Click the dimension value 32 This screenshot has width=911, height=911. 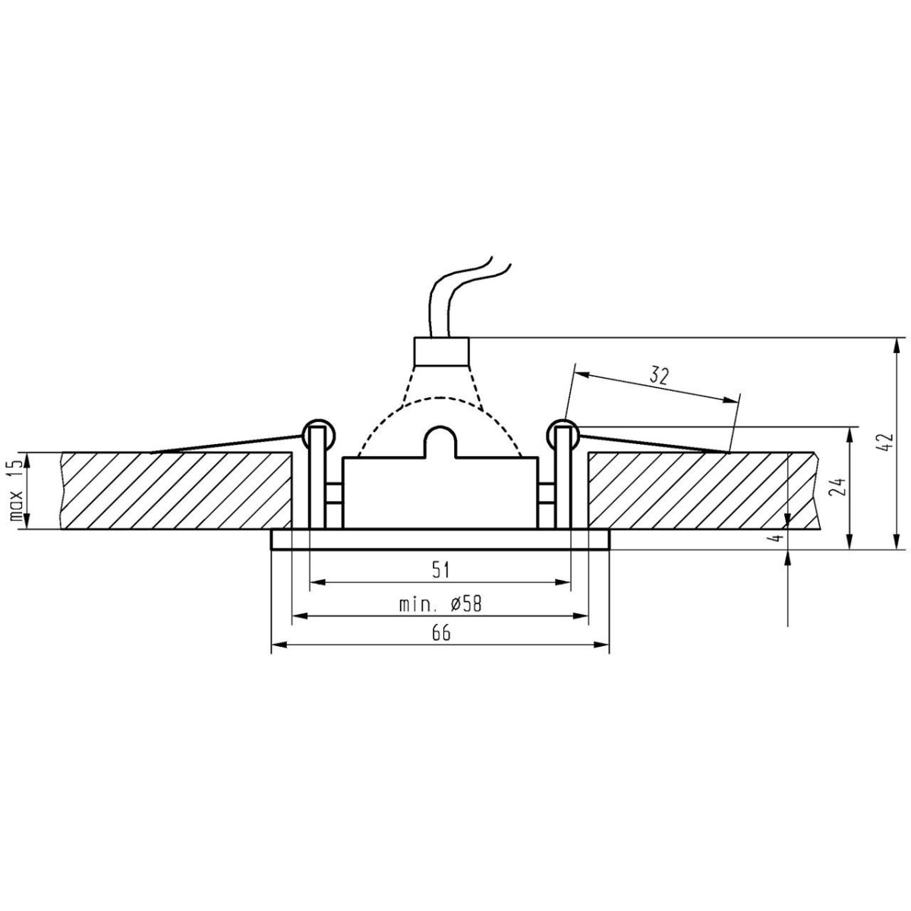click(659, 376)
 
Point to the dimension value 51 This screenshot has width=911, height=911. click(440, 569)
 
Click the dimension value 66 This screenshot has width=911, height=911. click(441, 633)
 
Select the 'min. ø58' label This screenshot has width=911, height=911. click(440, 604)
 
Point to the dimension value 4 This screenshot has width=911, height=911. click(775, 537)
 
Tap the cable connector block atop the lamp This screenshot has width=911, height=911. click(440, 351)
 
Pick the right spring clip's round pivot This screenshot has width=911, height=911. click(564, 433)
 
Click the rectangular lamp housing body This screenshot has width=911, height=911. click(440, 493)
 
